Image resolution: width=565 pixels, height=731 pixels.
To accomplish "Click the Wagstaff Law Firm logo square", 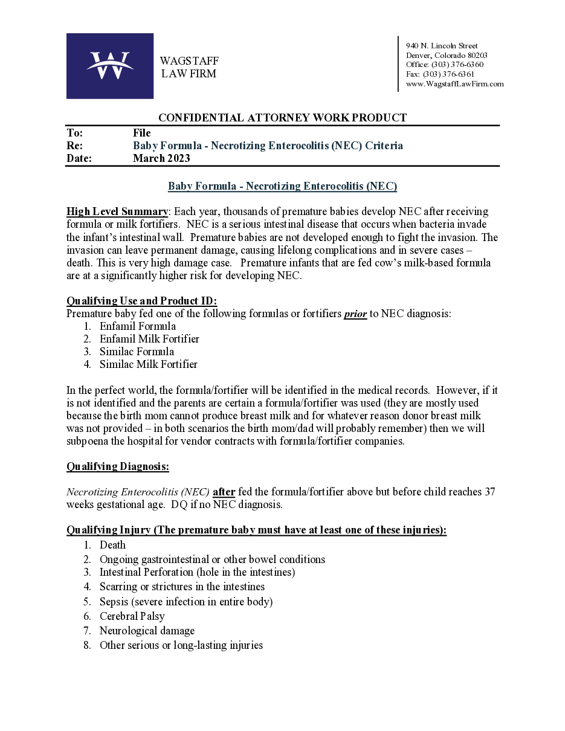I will pyautogui.click(x=109, y=66).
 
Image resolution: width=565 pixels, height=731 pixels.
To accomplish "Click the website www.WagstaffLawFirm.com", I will pyautogui.click(x=454, y=84).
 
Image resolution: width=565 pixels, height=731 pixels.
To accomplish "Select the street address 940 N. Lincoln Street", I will pyautogui.click(x=442, y=46).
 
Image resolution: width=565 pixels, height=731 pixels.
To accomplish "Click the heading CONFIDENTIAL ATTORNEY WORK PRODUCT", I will pyautogui.click(x=282, y=118).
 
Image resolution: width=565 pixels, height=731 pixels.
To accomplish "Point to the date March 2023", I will pyautogui.click(x=161, y=159).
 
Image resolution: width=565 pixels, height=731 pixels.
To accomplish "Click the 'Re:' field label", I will pyautogui.click(x=74, y=146).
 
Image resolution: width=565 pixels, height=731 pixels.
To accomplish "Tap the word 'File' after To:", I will pyautogui.click(x=141, y=133).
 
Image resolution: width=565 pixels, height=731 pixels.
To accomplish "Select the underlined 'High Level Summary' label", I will pyautogui.click(x=117, y=211).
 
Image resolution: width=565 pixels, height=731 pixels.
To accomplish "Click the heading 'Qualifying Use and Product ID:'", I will pyautogui.click(x=141, y=301).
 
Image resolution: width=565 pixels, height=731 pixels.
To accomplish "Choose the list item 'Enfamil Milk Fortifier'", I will pyautogui.click(x=149, y=339).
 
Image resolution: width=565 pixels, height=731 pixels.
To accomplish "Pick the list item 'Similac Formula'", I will pyautogui.click(x=137, y=352).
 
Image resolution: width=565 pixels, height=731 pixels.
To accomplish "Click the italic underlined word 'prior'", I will pyautogui.click(x=355, y=314).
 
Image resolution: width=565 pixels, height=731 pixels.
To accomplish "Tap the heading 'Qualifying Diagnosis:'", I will pyautogui.click(x=118, y=466).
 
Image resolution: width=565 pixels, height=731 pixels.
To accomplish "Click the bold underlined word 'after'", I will pyautogui.click(x=224, y=492).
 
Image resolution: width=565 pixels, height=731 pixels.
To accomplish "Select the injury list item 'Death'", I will pyautogui.click(x=112, y=545).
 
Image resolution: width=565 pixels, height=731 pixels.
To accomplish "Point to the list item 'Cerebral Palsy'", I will pyautogui.click(x=132, y=616).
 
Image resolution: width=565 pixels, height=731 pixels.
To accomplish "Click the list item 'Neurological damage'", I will pyautogui.click(x=147, y=631).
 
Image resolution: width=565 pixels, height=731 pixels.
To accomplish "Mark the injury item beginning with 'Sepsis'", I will pyautogui.click(x=186, y=602).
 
